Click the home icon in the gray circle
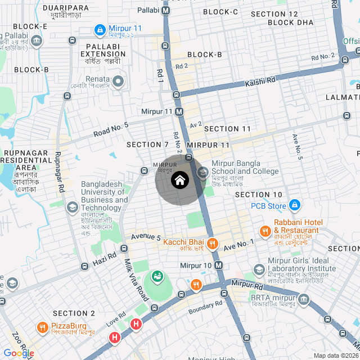point(179,181)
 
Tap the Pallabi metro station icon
point(166,11)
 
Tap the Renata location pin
point(118,82)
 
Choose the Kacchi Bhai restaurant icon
point(212,244)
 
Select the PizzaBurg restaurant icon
point(43,327)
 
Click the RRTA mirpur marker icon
point(304,298)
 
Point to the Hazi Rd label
point(105,258)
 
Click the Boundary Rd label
point(205,305)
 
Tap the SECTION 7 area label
point(147,145)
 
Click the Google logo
point(18,353)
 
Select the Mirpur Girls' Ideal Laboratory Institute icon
point(259,269)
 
